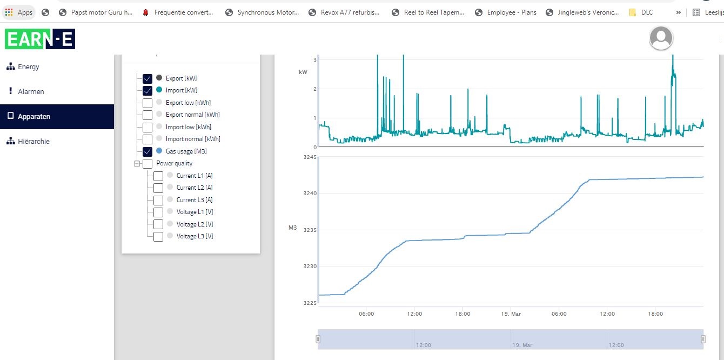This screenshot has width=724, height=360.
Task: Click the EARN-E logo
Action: pyautogui.click(x=40, y=39)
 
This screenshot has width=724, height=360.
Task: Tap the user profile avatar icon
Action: pyautogui.click(x=661, y=38)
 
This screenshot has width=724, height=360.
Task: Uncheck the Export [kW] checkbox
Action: pyautogui.click(x=148, y=78)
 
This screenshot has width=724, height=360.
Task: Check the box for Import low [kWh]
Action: pyautogui.click(x=148, y=127)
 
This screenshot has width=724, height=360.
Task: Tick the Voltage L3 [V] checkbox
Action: pyautogui.click(x=158, y=236)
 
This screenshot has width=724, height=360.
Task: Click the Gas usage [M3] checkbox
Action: pyautogui.click(x=148, y=151)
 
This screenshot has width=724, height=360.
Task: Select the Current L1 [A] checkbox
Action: pyautogui.click(x=158, y=176)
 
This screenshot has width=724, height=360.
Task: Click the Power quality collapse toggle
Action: pyautogui.click(x=137, y=164)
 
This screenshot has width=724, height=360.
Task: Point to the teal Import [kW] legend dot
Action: pyautogui.click(x=159, y=90)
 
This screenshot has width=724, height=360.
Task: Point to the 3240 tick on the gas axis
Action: pyautogui.click(x=310, y=194)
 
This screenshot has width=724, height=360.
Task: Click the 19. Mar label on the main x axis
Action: pyautogui.click(x=511, y=314)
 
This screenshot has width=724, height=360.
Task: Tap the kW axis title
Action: pyautogui.click(x=303, y=72)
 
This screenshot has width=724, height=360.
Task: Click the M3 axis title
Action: pyautogui.click(x=292, y=228)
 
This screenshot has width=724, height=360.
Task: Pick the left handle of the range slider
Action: pyautogui.click(x=318, y=339)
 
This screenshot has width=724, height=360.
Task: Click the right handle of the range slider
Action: pyautogui.click(x=703, y=339)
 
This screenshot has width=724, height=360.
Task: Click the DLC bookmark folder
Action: pyautogui.click(x=641, y=12)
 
